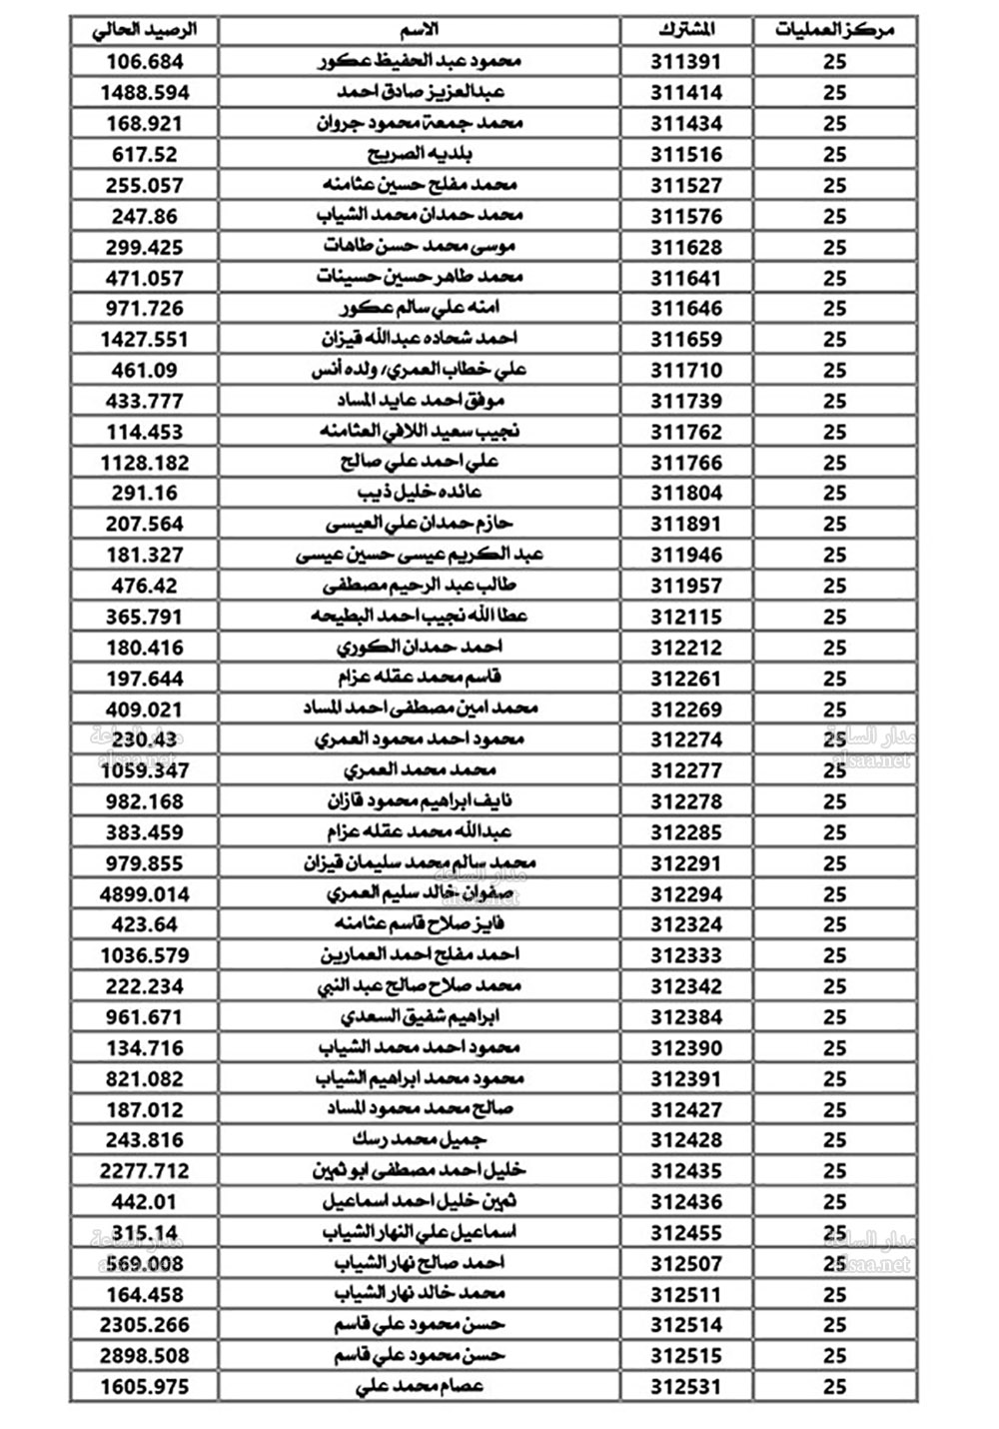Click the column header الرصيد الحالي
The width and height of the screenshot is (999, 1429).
pos(144,30)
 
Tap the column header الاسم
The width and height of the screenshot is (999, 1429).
pos(420,30)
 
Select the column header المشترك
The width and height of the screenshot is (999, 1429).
pos(686,30)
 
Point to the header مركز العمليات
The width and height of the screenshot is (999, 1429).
pos(834,30)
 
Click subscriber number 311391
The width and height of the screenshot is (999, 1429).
pos(686,62)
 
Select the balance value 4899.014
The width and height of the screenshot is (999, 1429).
pos(144,894)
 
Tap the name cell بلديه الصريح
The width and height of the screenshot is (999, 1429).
pos(420,154)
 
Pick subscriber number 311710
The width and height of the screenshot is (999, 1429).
pos(686,370)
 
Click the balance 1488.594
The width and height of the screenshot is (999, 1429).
pos(144,93)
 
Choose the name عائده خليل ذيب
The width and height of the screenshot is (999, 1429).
pos(420,493)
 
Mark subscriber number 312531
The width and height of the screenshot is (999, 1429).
pos(686,1387)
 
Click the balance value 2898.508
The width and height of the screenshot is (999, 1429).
pos(144,1356)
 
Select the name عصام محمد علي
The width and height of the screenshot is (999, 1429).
pos(420,1387)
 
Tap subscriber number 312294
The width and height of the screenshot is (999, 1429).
pos(686,894)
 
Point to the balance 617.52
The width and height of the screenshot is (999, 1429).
pos(144,154)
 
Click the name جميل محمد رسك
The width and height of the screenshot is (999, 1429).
pos(420,1140)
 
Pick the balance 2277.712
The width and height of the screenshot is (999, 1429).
pos(144,1171)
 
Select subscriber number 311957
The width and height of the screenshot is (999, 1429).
pos(686,586)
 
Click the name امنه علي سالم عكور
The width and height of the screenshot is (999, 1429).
pos(420,308)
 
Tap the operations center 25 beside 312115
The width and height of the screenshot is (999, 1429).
pos(834,617)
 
